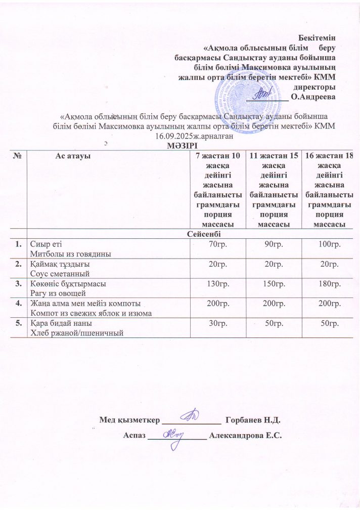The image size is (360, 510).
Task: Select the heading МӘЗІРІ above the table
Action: pyautogui.click(x=180, y=146)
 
